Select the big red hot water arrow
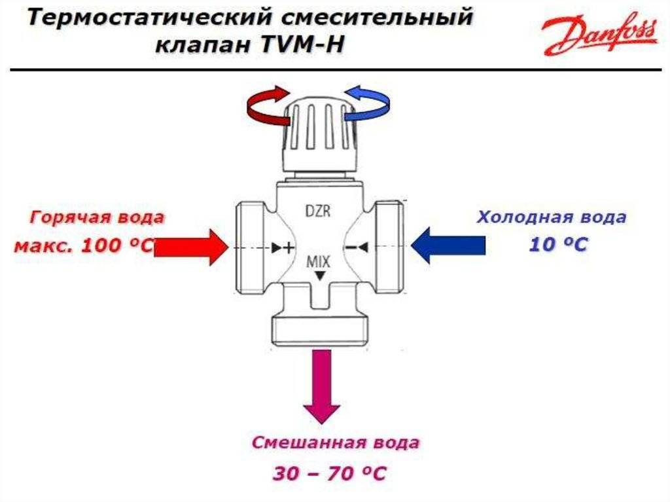(191, 247)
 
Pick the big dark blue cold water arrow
(448, 245)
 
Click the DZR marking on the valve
(319, 211)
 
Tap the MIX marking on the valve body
(319, 261)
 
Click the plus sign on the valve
(289, 247)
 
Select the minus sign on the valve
(351, 247)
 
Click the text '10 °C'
(558, 245)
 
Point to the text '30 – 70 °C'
(330, 473)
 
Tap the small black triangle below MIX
(319, 276)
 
